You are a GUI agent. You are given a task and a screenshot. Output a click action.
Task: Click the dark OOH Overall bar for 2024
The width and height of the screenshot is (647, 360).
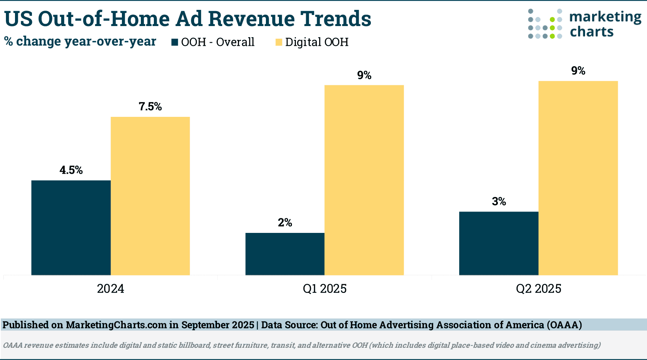point(71,228)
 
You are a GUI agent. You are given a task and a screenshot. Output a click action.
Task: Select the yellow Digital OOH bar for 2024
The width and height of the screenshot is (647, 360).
point(150,196)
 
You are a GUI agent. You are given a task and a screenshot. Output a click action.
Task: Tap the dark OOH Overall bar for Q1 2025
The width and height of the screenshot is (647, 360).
point(285,254)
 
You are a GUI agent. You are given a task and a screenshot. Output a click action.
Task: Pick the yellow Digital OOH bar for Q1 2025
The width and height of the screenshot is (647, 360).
point(364,180)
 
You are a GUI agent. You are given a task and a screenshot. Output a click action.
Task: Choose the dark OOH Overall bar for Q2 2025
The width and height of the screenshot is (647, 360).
point(499,243)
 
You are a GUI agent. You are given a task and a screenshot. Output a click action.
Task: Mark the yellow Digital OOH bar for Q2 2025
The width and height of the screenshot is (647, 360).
point(578,178)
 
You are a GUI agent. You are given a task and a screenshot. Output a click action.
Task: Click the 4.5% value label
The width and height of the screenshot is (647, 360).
point(71,170)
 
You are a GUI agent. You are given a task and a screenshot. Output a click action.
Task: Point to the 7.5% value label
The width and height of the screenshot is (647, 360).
point(150,107)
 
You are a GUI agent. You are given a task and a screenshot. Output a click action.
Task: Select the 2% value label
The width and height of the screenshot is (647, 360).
point(285,223)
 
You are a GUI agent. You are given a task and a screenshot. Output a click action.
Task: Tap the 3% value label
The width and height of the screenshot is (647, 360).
point(499,202)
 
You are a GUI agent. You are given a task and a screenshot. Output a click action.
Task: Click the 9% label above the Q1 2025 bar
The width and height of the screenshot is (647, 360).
point(364,75)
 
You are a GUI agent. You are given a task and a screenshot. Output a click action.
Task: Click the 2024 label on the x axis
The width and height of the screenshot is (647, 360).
point(110,289)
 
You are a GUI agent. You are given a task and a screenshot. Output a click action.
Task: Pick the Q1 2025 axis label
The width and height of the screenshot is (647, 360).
point(325,289)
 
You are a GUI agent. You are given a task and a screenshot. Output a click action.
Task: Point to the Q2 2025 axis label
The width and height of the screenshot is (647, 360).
point(539,289)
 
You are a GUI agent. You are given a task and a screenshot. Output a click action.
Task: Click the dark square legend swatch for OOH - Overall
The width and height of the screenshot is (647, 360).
point(175,42)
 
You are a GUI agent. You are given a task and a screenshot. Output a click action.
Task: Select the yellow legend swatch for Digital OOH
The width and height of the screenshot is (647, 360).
point(279,42)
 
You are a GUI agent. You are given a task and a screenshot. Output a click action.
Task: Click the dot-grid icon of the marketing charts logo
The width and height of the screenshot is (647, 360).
point(545,24)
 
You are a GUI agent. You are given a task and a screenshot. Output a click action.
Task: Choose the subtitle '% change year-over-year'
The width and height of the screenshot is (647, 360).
point(80,41)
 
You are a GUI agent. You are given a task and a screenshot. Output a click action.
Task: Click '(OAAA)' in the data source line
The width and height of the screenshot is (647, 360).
point(564,325)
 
